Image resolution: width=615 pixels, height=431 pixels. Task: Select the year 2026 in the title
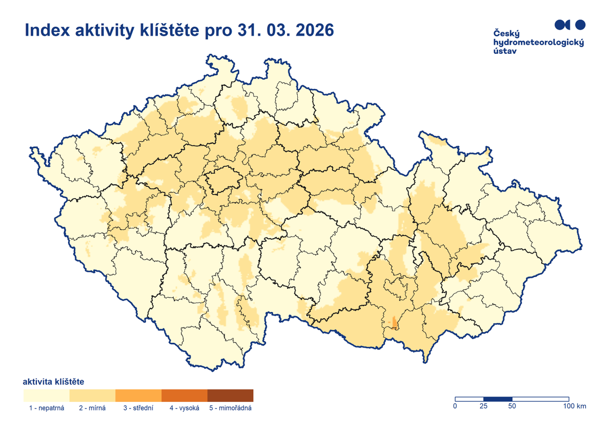[x=311, y=30]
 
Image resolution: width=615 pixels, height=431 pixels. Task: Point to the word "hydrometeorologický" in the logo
[x=538, y=43]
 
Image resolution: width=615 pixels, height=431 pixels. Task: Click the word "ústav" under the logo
[x=505, y=51]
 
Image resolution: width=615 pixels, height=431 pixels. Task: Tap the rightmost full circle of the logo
[x=580, y=24]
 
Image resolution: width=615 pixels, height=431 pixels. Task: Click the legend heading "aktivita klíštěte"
[x=54, y=382]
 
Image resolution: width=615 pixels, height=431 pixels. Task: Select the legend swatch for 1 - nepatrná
[x=46, y=395]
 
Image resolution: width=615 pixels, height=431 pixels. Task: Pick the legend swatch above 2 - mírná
[x=92, y=395]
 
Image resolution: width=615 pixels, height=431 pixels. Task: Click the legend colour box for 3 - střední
[x=138, y=395]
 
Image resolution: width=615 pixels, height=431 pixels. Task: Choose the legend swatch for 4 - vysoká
[x=184, y=395]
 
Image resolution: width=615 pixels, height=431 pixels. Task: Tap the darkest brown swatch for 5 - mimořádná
[x=231, y=395]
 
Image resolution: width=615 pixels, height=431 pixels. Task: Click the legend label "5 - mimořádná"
[x=231, y=408]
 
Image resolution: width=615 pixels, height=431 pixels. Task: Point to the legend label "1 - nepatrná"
[x=47, y=408]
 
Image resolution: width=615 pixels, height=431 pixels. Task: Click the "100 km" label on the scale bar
[x=574, y=406]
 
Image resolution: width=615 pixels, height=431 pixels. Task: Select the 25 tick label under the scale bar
[x=483, y=406]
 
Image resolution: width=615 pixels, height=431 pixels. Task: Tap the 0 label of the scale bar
[x=455, y=406]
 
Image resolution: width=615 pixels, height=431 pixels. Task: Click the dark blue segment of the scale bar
[x=498, y=399]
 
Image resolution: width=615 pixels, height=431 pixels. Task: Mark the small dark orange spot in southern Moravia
[x=394, y=322]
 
